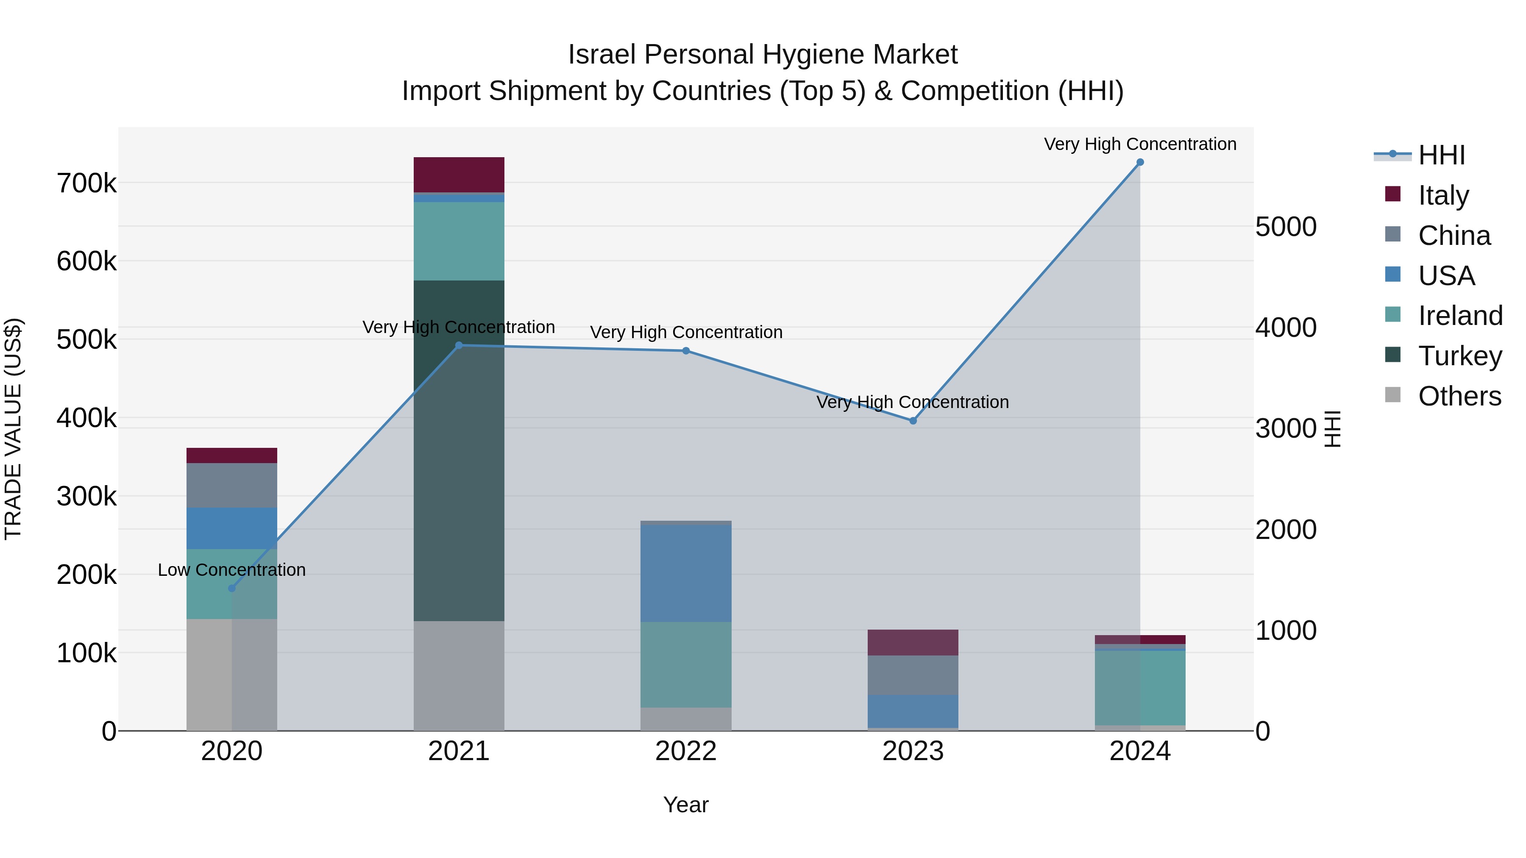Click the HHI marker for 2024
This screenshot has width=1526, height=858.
pos(1140,162)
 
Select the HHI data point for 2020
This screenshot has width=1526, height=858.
pos(231,588)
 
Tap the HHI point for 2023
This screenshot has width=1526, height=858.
pos(913,420)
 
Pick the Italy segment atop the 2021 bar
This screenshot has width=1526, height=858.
pos(459,175)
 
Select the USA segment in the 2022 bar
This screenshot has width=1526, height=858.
pos(686,573)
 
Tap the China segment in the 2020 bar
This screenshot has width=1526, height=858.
pos(231,485)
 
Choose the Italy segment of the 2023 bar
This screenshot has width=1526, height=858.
pos(913,642)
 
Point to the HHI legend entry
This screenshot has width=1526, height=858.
pos(1441,155)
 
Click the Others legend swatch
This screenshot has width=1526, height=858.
pos(1393,395)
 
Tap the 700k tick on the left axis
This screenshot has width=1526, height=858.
pos(86,183)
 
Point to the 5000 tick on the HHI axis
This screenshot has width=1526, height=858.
pos(1286,227)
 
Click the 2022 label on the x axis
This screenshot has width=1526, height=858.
pos(686,751)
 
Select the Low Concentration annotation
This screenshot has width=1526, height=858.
pos(231,569)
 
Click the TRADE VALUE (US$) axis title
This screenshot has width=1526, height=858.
pos(13,429)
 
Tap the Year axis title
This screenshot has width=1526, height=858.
pos(686,805)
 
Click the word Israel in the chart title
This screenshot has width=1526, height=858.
pos(602,55)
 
